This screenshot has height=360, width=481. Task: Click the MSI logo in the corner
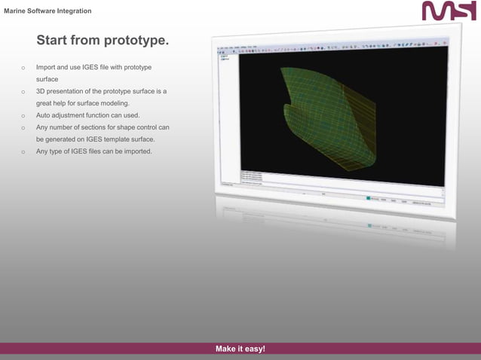point(449,11)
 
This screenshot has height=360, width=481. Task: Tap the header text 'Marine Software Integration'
point(48,11)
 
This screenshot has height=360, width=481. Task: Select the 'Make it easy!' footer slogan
point(240,349)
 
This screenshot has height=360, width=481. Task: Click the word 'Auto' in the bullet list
point(44,115)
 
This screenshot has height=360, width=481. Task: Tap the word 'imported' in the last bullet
point(137,151)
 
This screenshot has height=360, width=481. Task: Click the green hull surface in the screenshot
point(317,113)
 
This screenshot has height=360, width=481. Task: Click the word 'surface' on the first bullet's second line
point(47,79)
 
